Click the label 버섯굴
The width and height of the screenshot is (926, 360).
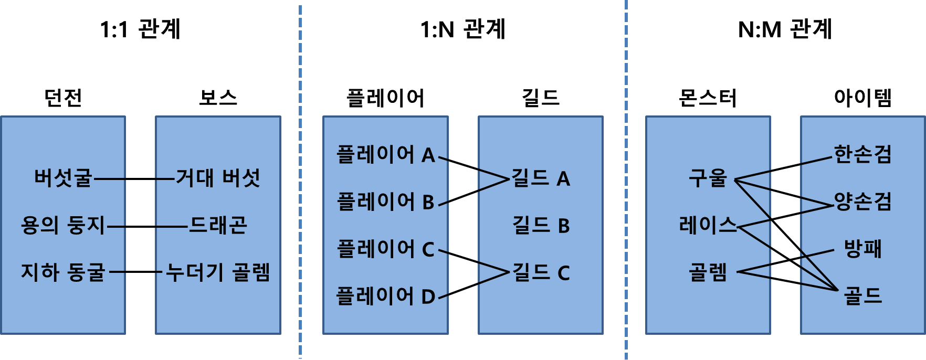[63, 178]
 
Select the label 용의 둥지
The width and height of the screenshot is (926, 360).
[63, 225]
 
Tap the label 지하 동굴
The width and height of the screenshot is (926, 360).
[63, 272]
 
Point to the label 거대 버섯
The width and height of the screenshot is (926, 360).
[218, 178]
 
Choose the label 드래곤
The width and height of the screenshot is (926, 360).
[218, 225]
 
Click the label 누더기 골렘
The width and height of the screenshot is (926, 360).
[218, 272]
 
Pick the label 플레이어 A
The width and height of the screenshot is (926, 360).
[385, 155]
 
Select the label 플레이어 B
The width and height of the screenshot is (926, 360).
[385, 202]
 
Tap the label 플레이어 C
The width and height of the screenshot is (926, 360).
[385, 249]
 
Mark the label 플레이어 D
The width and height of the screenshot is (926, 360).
[385, 297]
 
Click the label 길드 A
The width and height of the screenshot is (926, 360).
[541, 178]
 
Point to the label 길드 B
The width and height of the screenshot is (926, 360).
[541, 226]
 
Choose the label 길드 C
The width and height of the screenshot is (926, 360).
[541, 273]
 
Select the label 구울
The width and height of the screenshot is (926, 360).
[708, 178]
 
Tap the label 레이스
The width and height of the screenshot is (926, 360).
[708, 225]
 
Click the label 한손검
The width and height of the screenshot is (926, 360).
[862, 154]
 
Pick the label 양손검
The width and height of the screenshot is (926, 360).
[862, 202]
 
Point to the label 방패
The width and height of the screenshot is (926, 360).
[862, 249]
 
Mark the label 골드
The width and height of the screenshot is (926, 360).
[862, 296]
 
